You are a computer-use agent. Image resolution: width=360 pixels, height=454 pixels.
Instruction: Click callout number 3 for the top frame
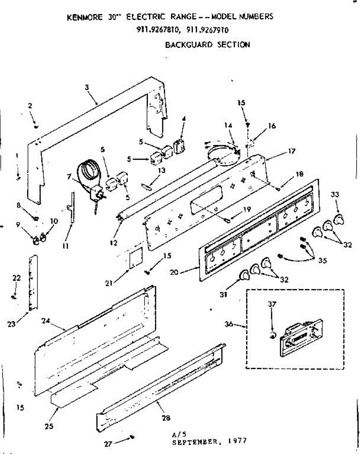(x=87, y=87)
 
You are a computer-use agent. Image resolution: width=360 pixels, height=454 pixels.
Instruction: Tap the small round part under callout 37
(x=273, y=335)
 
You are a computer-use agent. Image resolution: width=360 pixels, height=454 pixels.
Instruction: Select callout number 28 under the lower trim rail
(x=166, y=418)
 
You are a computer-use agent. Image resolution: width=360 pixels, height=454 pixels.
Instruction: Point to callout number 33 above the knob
(x=335, y=194)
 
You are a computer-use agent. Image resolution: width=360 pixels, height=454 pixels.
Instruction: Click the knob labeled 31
(x=244, y=277)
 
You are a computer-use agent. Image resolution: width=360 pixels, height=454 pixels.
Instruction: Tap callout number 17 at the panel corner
(x=292, y=151)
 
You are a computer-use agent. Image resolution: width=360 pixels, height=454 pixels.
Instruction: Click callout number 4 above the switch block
(x=183, y=118)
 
